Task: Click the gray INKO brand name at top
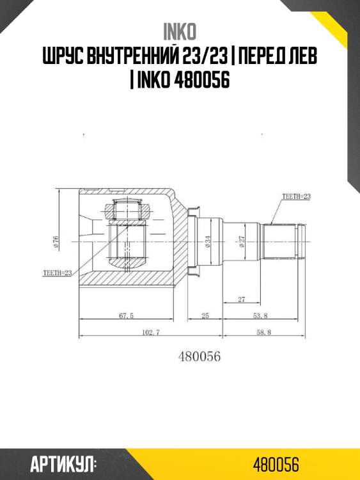pyautogui.click(x=180, y=31)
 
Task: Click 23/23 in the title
pyautogui.click(x=204, y=56)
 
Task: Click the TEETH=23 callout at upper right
pyautogui.click(x=296, y=196)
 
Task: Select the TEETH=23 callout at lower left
pyautogui.click(x=58, y=273)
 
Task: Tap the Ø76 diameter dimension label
pyautogui.click(x=56, y=242)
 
